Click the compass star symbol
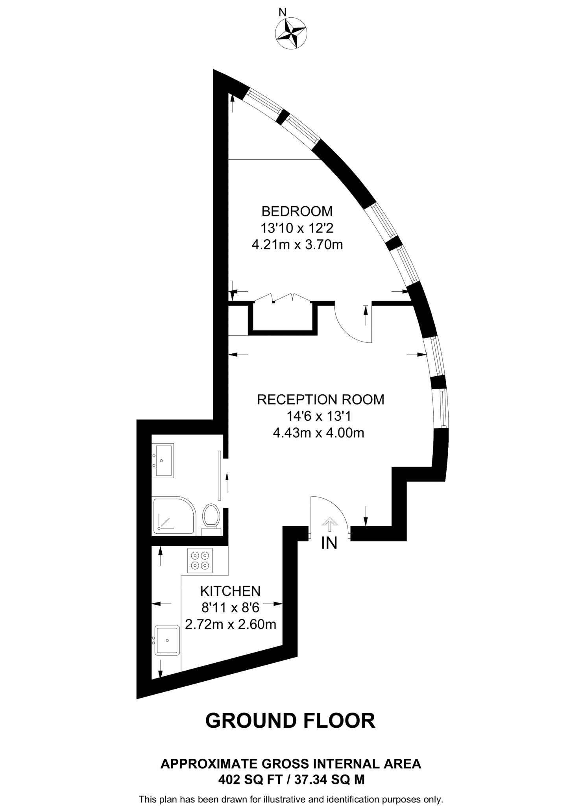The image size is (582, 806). coord(291,33)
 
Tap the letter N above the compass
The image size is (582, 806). coord(282,13)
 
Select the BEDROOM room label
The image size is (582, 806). coord(297,211)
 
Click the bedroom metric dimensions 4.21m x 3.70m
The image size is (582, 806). coord(297,245)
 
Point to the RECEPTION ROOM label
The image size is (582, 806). coord(320,399)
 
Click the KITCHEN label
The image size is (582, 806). coord(230,591)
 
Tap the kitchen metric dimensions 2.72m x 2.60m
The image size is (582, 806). coord(231,625)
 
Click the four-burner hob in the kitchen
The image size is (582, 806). coord(200,560)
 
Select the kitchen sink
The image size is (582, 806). coord(167,640)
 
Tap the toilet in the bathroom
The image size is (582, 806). coord(211,517)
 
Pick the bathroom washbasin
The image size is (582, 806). coord(163,460)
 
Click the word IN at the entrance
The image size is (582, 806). coord(329,543)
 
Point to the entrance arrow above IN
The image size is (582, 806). coord(329,525)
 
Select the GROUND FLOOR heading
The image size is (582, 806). coord(290,721)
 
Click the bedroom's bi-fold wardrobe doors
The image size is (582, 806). coord(283,298)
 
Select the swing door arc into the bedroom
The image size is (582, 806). coord(350,327)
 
